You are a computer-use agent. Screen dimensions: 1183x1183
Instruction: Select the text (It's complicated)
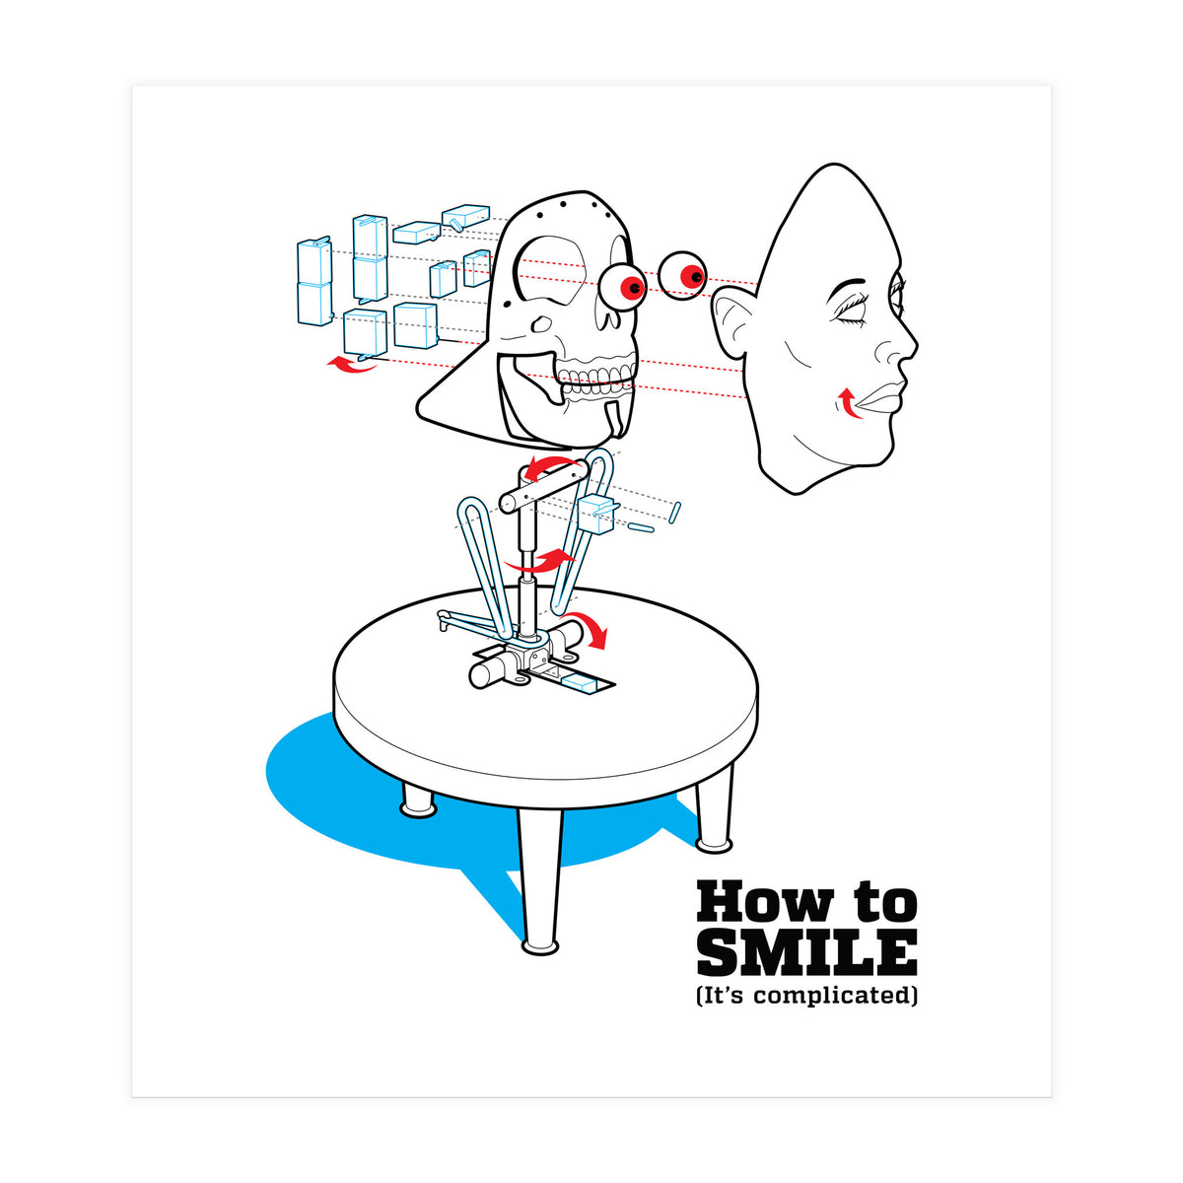(806, 996)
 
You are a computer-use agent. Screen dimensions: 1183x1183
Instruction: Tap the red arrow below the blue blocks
(352, 366)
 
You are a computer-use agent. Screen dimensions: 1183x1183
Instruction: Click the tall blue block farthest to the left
(313, 281)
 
